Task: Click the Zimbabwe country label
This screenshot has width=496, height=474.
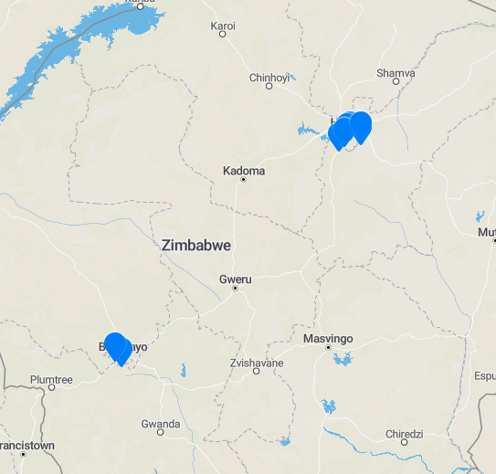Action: click(195, 246)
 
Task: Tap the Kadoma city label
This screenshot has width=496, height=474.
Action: click(244, 171)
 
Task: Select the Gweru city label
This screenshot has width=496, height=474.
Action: click(235, 279)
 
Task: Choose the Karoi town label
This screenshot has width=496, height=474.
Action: click(223, 26)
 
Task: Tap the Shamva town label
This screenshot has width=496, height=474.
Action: click(396, 72)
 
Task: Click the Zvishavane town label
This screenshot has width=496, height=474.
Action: click(257, 363)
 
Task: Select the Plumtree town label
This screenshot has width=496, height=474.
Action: click(51, 379)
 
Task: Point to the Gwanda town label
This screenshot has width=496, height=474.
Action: click(161, 424)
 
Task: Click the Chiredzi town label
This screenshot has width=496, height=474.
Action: click(404, 433)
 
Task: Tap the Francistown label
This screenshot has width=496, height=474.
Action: click(24, 445)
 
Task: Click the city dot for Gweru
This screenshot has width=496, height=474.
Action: click(235, 289)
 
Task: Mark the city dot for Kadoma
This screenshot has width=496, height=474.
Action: click(244, 180)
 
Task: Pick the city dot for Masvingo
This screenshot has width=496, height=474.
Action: click(327, 348)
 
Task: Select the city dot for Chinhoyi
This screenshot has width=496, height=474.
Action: click(269, 87)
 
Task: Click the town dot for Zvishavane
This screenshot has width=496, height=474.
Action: click(257, 372)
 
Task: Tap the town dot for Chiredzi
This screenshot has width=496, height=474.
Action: click(404, 442)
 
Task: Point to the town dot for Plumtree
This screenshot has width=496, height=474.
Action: click(51, 388)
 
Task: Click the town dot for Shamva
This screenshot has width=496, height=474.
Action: click(397, 81)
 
